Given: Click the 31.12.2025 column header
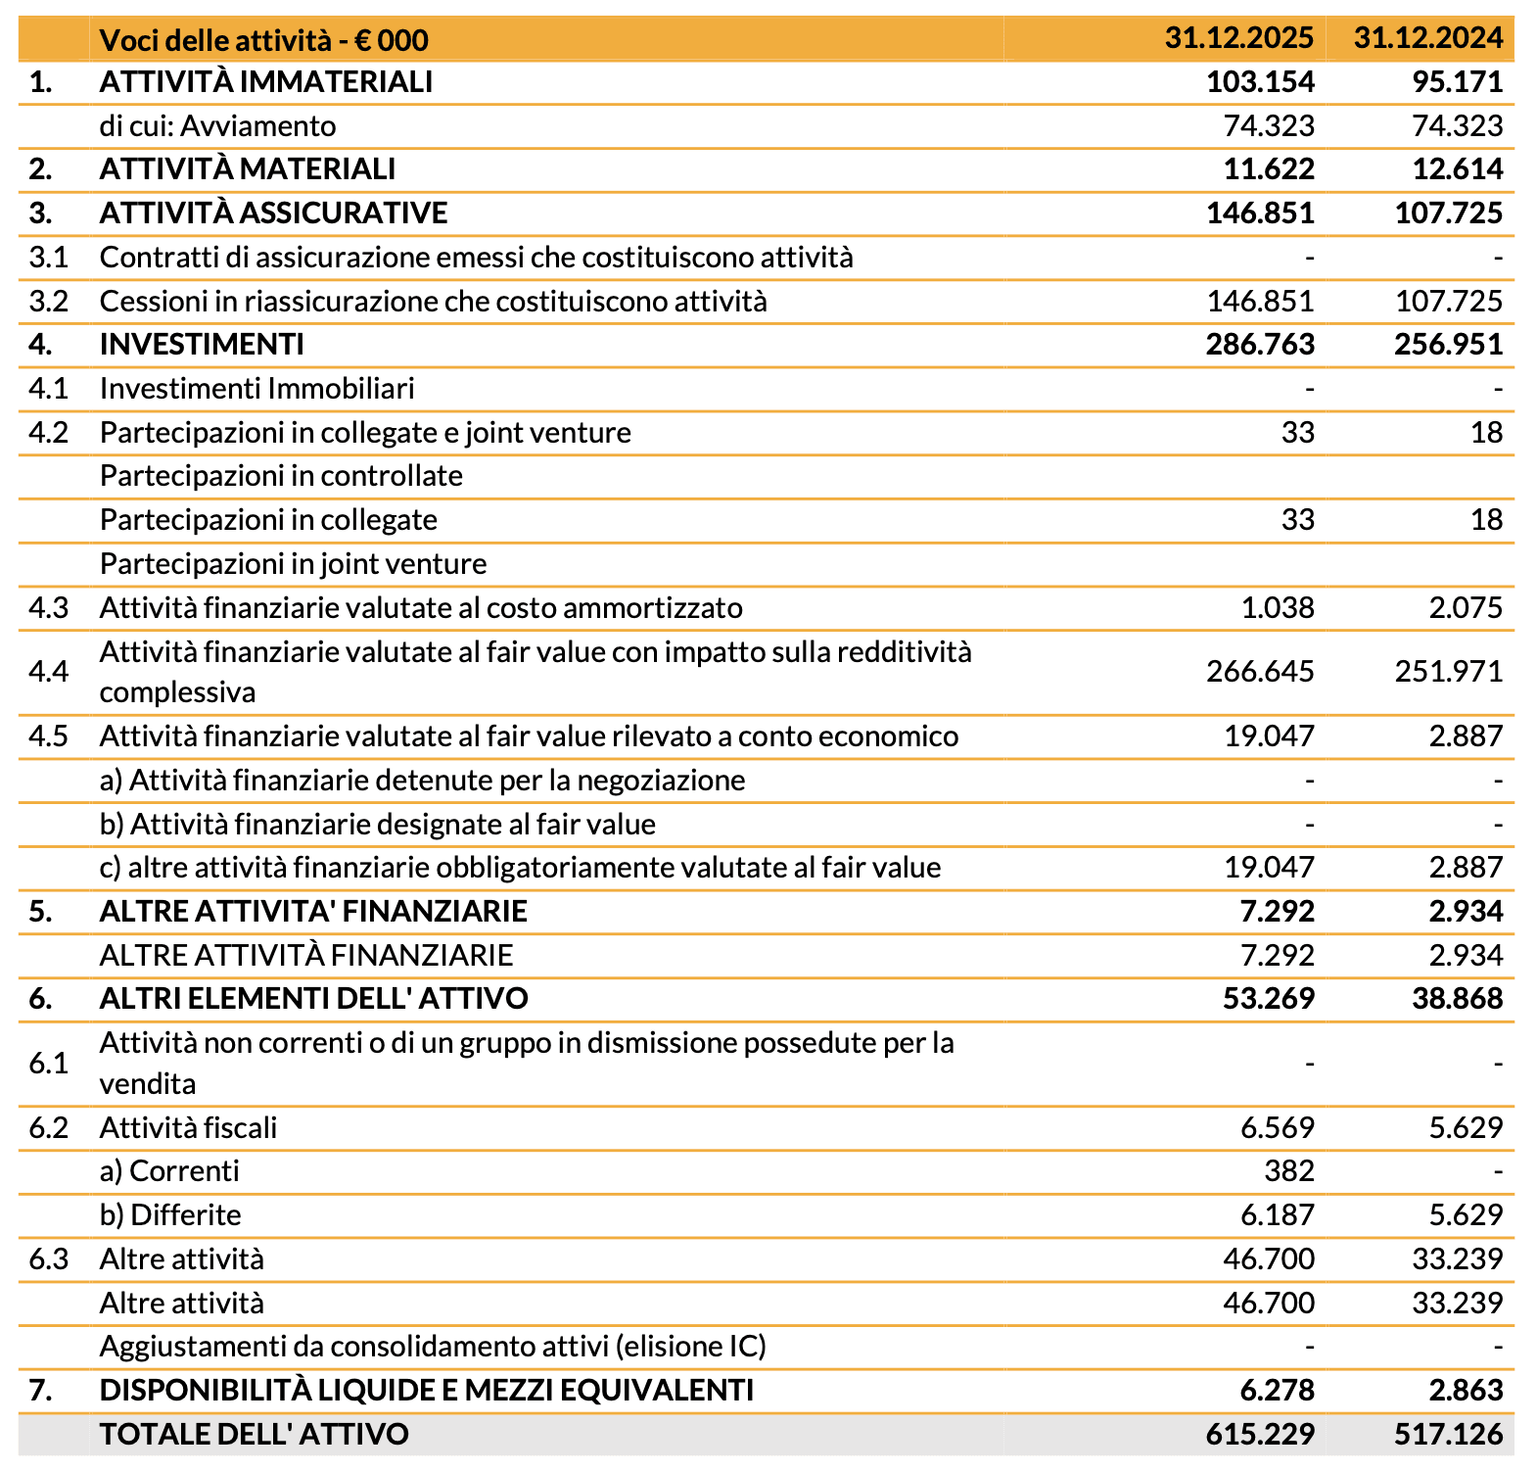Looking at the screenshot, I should pos(1238,38).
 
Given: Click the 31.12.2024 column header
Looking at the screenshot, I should pos(1427,38).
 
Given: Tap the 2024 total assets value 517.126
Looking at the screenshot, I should pos(1448,1434).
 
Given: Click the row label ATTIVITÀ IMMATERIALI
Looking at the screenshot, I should pos(265,81).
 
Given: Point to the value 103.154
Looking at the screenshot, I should pos(1260,81).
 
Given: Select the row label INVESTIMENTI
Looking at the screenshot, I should pos(202,344).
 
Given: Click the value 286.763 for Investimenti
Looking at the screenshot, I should pos(1260,344).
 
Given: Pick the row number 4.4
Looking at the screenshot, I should pos(48,671).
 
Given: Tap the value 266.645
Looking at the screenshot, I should pos(1260,671).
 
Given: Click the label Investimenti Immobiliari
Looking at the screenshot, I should pos(256,388).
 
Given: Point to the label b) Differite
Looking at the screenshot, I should pos(170,1214).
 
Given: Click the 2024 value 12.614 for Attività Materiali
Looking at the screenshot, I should pos(1457,168).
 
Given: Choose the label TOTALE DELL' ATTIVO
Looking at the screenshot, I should pos(254,1434).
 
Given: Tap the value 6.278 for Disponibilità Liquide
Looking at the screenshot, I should pos(1277,1390).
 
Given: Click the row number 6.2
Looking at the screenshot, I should pos(48,1127).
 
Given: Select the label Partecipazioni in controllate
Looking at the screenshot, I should pos(281,475).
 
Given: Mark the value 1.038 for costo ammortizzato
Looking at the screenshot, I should pos(1277,607).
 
